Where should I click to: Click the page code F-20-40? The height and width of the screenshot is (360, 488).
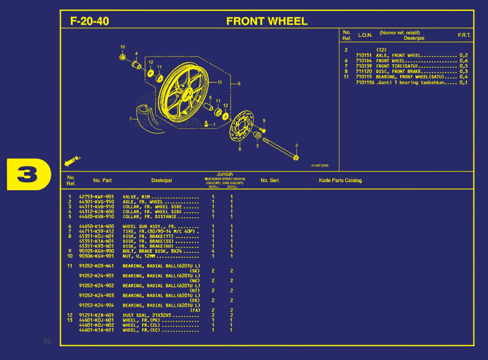(x=89, y=21)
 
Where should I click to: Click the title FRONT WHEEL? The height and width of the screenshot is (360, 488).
(x=267, y=21)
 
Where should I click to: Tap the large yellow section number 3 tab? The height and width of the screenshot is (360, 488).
(x=28, y=174)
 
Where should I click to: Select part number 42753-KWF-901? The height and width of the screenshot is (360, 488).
(x=96, y=197)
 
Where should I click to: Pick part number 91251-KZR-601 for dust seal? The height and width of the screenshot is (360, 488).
(x=96, y=315)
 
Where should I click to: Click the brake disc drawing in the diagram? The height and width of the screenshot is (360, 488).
(x=241, y=126)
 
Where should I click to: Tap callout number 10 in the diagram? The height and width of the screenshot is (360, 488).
(x=123, y=47)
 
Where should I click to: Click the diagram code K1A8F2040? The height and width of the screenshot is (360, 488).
(x=320, y=165)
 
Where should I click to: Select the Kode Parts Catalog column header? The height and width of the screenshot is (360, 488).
(x=340, y=180)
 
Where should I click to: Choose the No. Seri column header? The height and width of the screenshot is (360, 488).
(x=270, y=180)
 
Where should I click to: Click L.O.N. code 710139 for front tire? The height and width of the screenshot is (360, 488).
(x=364, y=66)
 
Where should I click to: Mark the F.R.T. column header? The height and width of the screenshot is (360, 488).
(x=464, y=35)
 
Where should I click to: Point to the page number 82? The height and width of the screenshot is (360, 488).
(x=47, y=341)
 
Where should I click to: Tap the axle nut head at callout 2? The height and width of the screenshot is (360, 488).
(x=296, y=158)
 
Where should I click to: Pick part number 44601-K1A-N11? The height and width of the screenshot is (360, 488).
(x=96, y=330)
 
